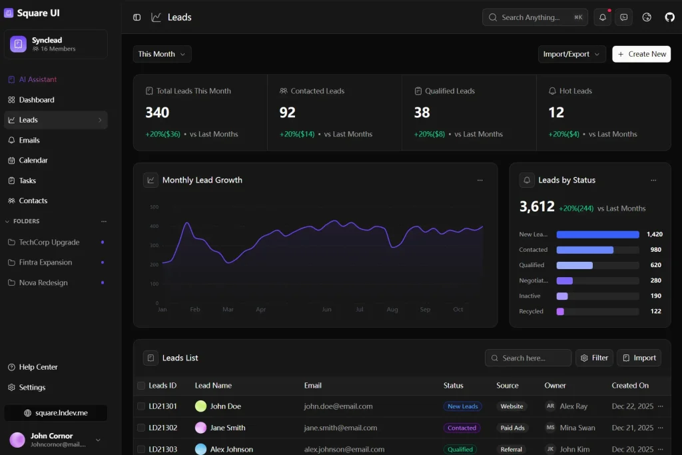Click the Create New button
click(641, 54)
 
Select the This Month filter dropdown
click(162, 54)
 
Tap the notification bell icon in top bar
click(603, 17)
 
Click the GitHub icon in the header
click(669, 17)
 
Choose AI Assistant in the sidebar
click(38, 79)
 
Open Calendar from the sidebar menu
click(33, 161)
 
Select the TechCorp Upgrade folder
click(49, 242)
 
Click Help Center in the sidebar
click(38, 367)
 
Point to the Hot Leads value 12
click(556, 113)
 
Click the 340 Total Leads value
click(157, 113)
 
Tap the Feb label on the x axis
click(195, 310)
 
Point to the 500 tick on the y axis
click(154, 207)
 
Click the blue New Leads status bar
click(597, 234)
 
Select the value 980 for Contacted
click(655, 250)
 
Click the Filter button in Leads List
click(594, 358)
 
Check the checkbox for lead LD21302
click(141, 428)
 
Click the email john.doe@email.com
click(338, 406)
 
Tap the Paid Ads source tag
click(513, 428)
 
